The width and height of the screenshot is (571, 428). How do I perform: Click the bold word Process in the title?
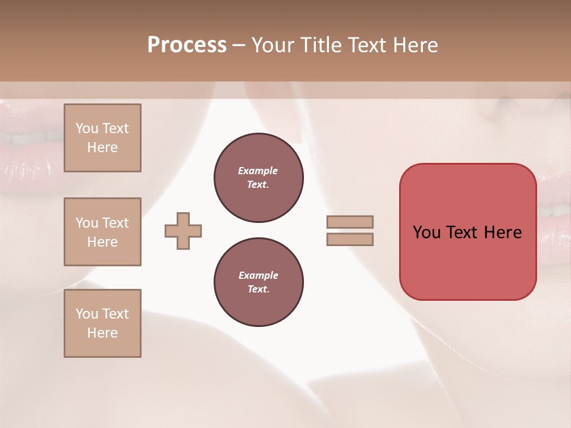187,45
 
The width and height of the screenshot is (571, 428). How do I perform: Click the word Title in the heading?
322,45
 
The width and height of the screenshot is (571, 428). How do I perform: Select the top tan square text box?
102,138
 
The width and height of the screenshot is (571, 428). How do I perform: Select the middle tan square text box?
102,232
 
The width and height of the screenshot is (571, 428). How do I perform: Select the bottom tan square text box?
102,323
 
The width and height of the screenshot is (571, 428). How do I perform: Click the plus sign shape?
183,231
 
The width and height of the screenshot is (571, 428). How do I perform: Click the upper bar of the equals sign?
350,222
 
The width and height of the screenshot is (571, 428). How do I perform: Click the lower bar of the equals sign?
350,239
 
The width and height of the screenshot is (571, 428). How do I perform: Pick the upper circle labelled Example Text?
259,178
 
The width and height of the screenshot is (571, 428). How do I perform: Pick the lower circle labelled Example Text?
259,282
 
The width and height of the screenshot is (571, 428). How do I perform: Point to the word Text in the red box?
463,232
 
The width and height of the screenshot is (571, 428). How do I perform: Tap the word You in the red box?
426,232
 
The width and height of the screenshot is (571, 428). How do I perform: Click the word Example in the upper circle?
258,171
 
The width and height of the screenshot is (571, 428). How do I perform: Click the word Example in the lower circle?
258,275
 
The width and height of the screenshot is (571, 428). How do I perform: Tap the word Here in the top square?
102,147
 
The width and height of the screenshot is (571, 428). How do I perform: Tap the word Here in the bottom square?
102,333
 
